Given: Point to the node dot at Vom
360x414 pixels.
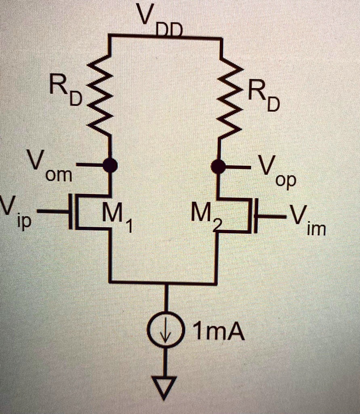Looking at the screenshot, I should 109,165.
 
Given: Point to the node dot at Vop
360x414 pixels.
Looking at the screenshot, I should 219,166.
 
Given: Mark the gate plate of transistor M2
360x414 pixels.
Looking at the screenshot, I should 255,216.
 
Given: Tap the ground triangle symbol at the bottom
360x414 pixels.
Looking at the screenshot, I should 164,386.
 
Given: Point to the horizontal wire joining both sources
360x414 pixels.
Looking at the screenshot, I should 164,282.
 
